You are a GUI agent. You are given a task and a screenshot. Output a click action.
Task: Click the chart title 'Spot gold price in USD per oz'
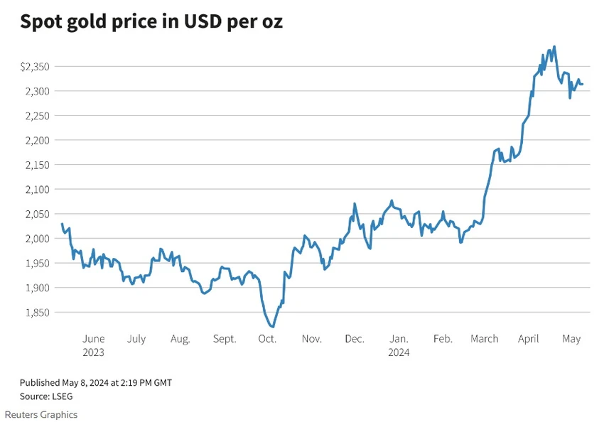point(151,21)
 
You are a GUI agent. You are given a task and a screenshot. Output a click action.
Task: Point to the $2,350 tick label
point(35,67)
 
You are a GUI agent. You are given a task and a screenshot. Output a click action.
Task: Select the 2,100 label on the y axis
point(38,190)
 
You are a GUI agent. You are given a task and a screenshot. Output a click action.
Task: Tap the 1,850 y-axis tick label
point(38,313)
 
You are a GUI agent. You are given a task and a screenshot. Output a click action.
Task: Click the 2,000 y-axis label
point(38,239)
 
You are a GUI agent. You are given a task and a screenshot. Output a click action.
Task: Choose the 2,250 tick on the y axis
point(38,116)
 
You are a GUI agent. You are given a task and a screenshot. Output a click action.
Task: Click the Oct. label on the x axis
point(267,339)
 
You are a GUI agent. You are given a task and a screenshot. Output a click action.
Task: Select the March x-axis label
point(484,339)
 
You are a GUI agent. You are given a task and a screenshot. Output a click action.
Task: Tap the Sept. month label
point(225,339)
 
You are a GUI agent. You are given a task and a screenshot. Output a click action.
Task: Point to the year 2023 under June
point(93,352)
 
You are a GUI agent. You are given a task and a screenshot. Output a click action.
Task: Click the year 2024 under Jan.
point(399,352)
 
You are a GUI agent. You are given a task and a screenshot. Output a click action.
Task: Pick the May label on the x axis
point(571,339)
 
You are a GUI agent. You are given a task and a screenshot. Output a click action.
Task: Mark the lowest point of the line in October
point(273,327)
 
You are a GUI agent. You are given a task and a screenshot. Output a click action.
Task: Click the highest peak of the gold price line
point(554,47)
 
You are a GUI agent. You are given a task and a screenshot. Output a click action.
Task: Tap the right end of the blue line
point(582,84)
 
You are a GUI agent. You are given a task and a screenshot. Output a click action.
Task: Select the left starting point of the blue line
point(62,224)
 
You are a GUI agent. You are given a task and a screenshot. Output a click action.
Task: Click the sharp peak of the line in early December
point(355,204)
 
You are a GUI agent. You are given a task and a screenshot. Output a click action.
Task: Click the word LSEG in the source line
point(62,396)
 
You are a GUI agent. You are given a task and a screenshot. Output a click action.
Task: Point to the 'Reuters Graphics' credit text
point(41,415)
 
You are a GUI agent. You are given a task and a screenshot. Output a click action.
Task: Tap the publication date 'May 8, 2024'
point(85,383)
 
